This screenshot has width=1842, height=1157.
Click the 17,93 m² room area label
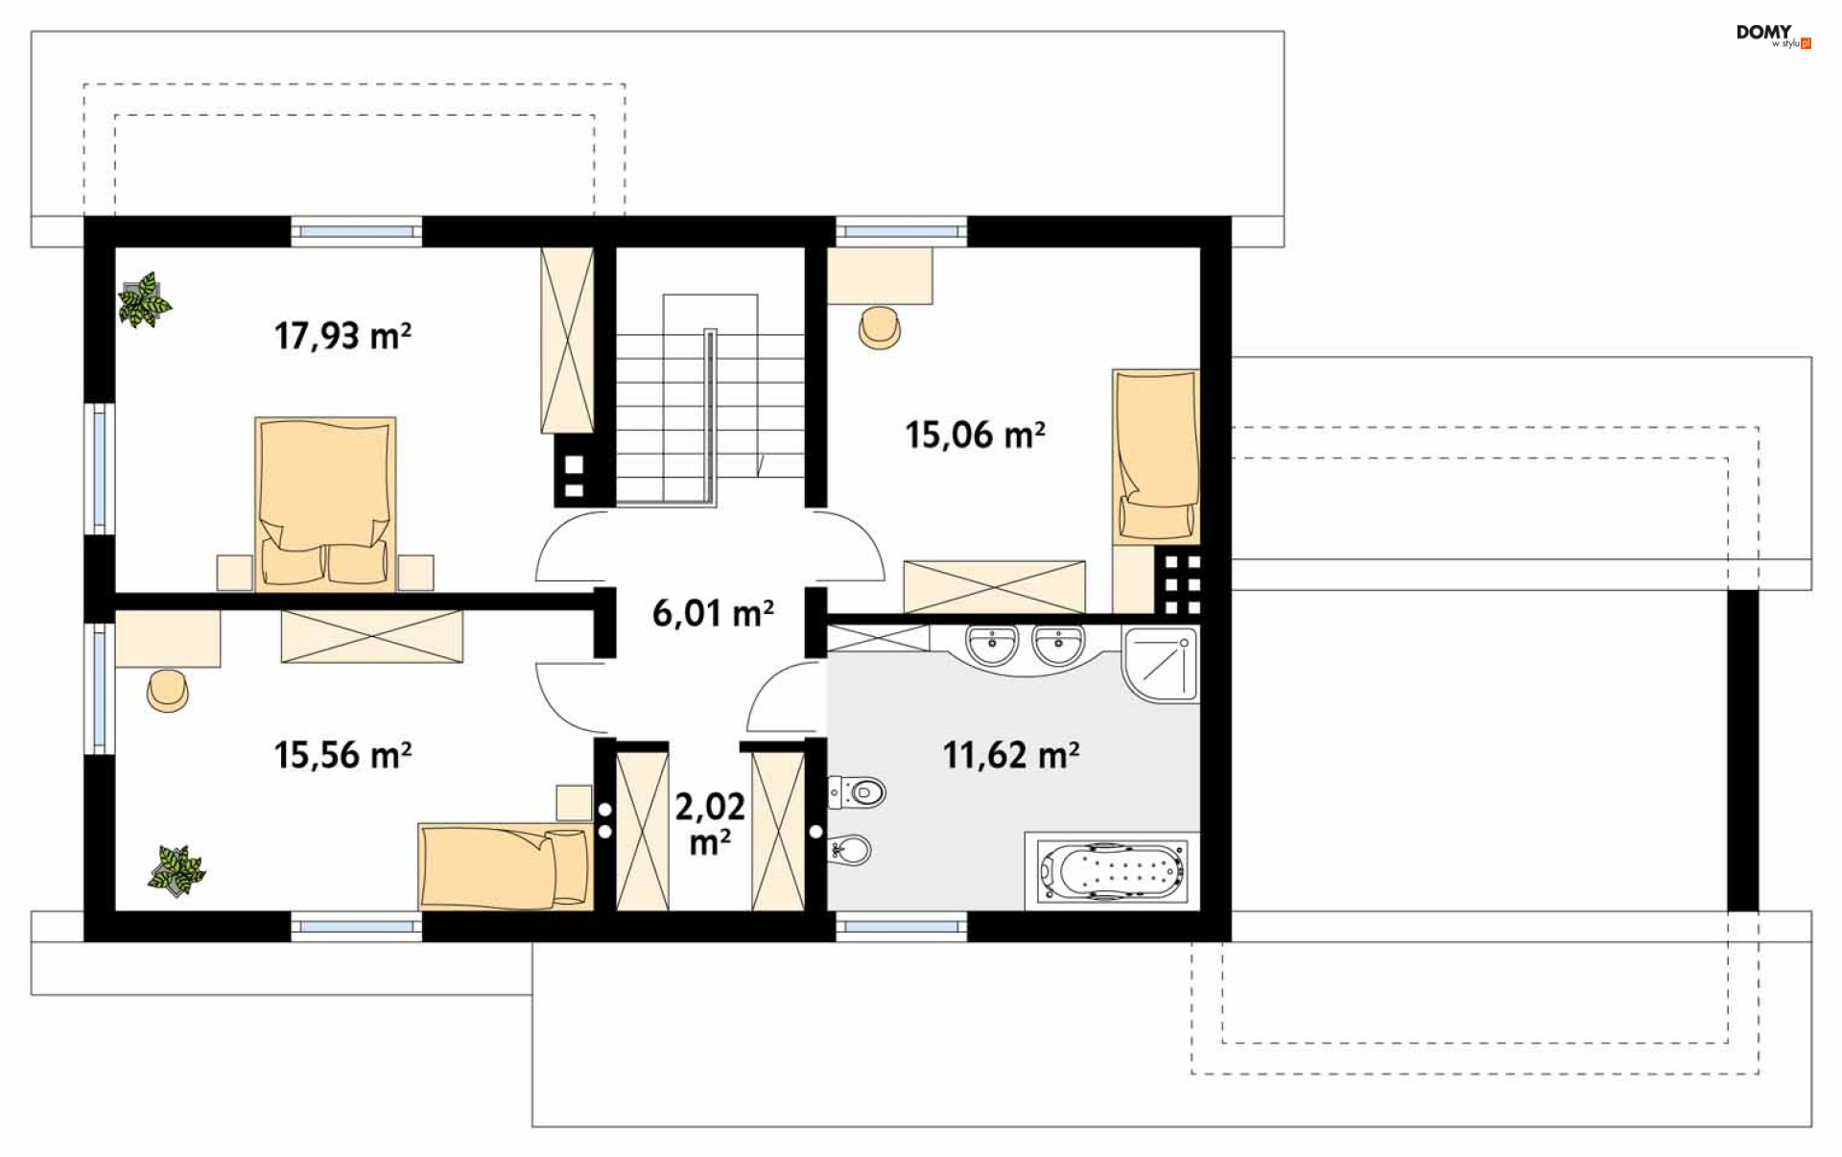[342, 336]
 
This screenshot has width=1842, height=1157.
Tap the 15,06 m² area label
[975, 435]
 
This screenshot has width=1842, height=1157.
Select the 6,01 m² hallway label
[713, 613]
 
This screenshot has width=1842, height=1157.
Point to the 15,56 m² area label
[342, 755]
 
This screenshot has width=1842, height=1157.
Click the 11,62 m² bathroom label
[1010, 755]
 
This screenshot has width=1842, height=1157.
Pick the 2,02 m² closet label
[710, 823]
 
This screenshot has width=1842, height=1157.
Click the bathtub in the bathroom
[1112, 871]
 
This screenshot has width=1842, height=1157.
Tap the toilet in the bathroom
[857, 792]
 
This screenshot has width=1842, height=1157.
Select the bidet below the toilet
[851, 849]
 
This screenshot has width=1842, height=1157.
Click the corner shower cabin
[1160, 664]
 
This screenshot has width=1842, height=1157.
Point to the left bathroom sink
[991, 645]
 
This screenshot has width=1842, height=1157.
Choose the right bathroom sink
[1058, 645]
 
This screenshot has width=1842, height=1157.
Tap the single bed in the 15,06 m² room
[1156, 456]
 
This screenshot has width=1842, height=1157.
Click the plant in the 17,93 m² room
[144, 300]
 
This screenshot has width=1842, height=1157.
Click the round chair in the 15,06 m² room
[880, 327]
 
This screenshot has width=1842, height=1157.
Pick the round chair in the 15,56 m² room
[168, 691]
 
